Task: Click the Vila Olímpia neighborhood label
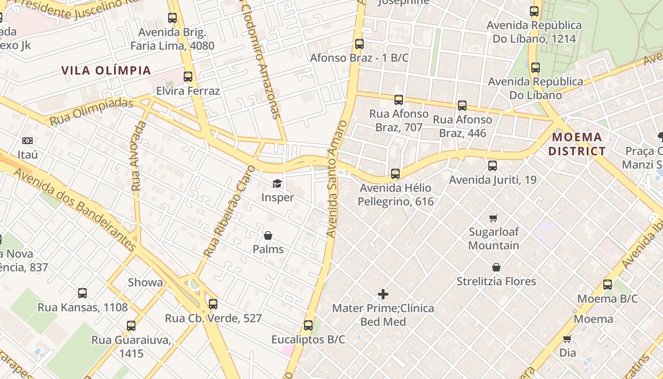point(106,71)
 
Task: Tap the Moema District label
point(578,144)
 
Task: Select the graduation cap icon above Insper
point(277,183)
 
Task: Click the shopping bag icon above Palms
point(268,235)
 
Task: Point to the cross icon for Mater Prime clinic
point(383,294)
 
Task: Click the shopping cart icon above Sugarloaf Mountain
point(493,218)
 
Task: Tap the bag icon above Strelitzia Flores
point(496,267)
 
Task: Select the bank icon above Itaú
point(27,141)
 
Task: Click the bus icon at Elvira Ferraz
point(188,77)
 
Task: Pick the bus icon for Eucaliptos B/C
point(308,325)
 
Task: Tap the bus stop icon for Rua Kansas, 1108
point(82,293)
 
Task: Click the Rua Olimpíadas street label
point(91,111)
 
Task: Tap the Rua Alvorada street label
point(139,156)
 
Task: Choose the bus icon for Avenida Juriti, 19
point(493,166)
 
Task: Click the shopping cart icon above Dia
point(567,339)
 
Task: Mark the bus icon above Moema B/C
point(608,285)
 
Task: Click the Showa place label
point(145,283)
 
